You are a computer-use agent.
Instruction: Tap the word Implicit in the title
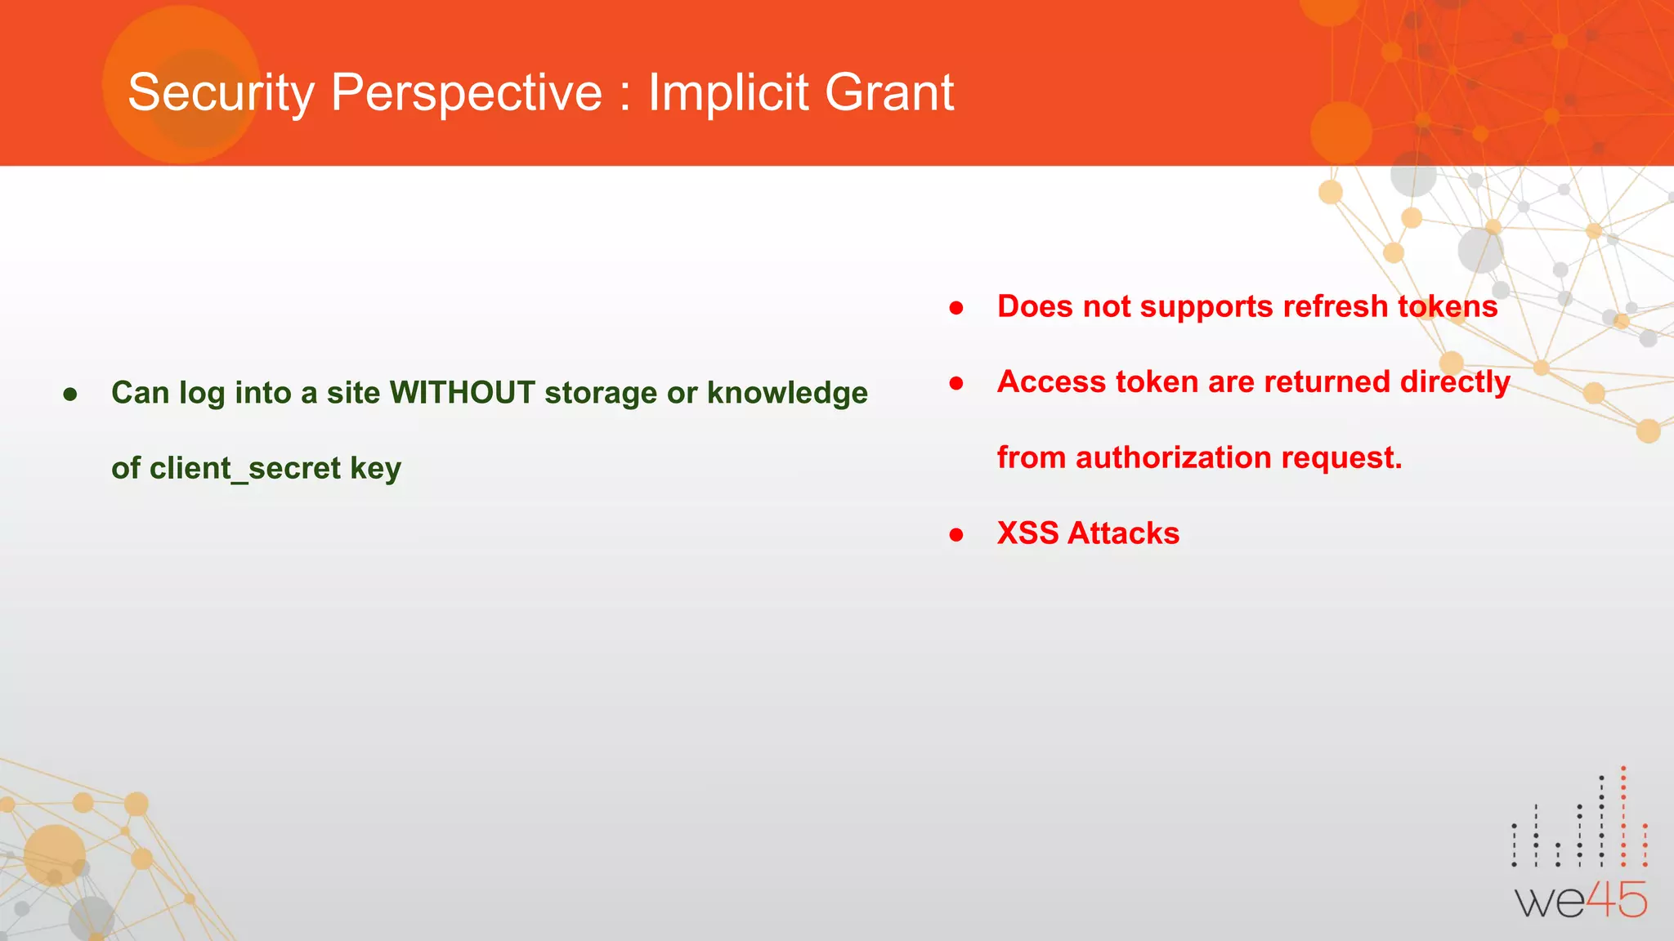click(x=727, y=92)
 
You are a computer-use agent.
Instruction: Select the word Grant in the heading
click(x=889, y=92)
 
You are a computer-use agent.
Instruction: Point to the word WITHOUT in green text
click(x=462, y=393)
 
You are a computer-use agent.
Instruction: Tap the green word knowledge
click(x=787, y=393)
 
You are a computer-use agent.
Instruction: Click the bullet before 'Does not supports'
click(x=956, y=309)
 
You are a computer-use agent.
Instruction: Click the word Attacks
click(x=1124, y=533)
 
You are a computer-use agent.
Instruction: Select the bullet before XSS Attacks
click(x=956, y=536)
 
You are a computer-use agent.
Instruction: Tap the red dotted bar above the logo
click(x=1623, y=817)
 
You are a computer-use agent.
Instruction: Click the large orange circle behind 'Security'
click(x=181, y=83)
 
